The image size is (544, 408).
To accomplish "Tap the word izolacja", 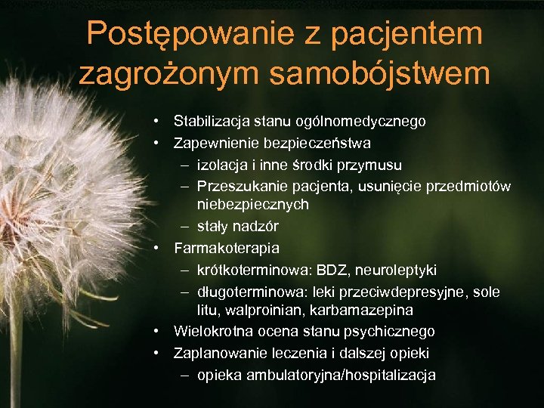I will tap(224, 165).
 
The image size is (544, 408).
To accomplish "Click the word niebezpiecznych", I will tap(252, 205).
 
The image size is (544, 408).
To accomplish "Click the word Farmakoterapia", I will tap(227, 248).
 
